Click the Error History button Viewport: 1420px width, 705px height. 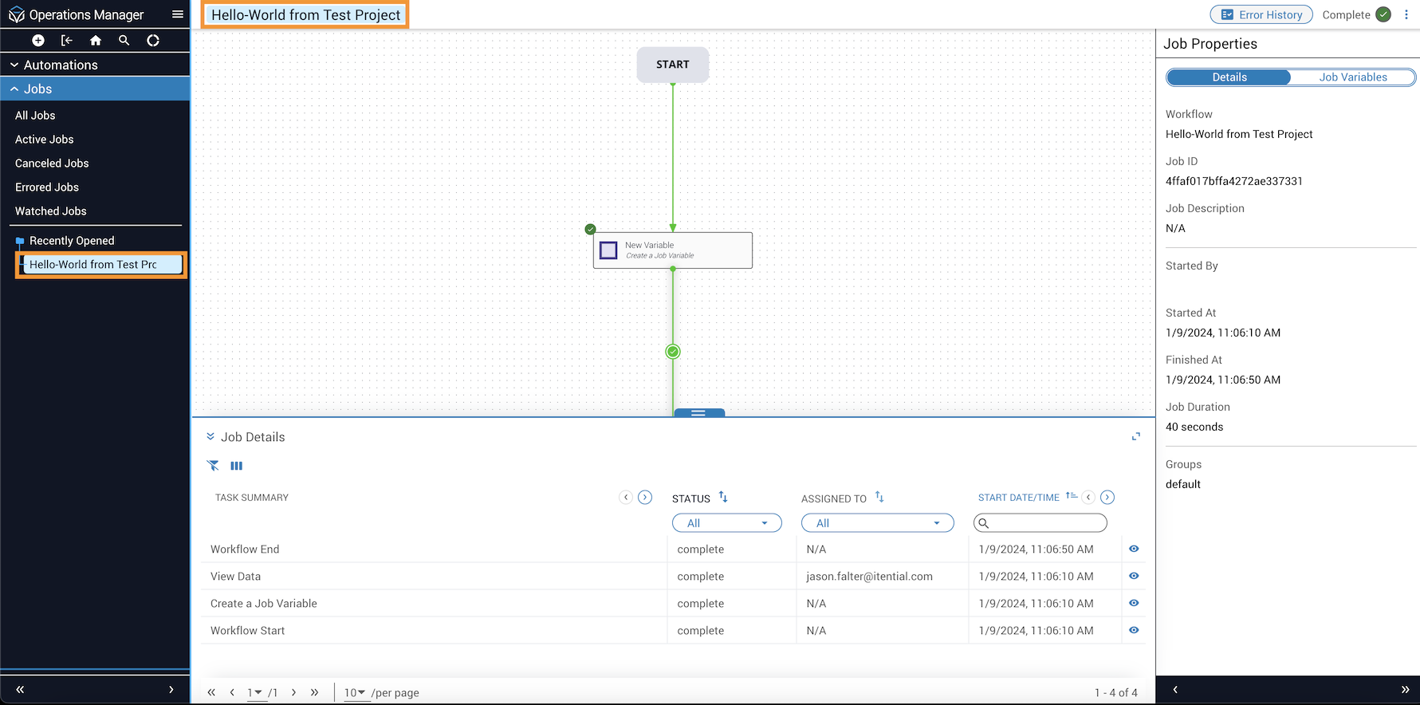pos(1261,14)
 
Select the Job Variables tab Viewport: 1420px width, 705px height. pos(1353,77)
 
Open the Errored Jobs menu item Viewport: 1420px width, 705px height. pos(47,187)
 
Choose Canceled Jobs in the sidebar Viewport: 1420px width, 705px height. pos(52,163)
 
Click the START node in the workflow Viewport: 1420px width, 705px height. pos(673,65)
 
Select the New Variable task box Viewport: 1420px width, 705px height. pos(673,250)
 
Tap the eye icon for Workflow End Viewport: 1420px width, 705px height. pos(1134,549)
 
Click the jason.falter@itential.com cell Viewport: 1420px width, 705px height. pos(869,577)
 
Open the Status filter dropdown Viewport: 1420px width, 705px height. pos(727,523)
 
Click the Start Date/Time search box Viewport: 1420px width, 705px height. pos(1040,523)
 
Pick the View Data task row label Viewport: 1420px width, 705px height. pos(235,577)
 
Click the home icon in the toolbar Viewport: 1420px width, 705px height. pos(96,41)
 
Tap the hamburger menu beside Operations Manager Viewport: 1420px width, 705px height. pos(178,14)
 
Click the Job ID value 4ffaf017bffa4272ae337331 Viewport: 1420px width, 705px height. pos(1234,181)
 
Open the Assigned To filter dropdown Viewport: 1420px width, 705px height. pos(878,523)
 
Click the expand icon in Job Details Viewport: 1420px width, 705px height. pos(1136,436)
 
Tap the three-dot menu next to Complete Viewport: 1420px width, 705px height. pos(1406,14)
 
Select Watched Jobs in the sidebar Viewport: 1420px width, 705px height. pos(51,211)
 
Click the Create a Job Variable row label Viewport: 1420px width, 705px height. pos(264,604)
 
